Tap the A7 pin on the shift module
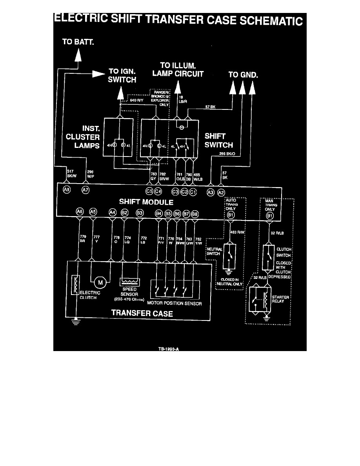(85, 190)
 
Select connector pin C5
(149, 191)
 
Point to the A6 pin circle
(80, 212)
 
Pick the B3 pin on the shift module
(139, 213)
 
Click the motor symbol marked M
(100, 282)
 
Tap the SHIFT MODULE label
(146, 202)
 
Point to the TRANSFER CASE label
(142, 313)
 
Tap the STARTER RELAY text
(280, 300)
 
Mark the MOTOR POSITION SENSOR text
(175, 303)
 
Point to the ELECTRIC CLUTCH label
(90, 295)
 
